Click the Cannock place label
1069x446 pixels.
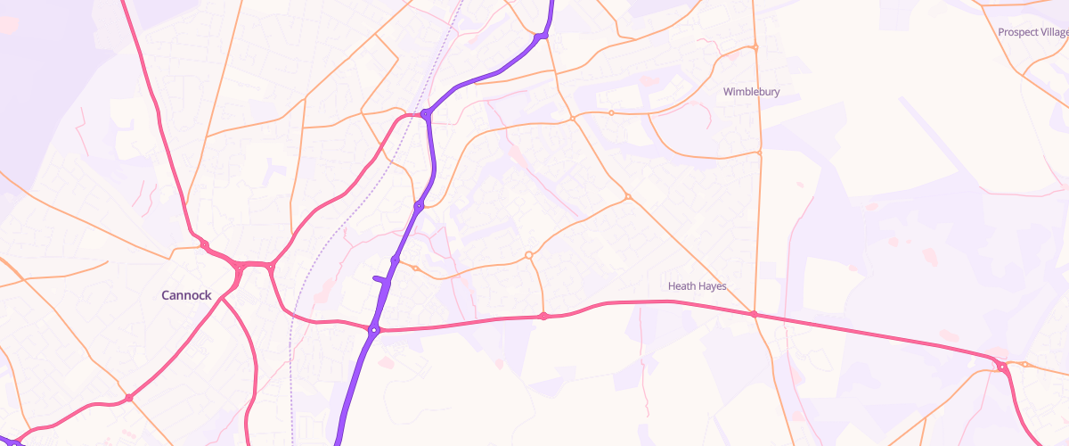pyautogui.click(x=186, y=295)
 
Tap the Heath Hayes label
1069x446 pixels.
pyautogui.click(x=698, y=286)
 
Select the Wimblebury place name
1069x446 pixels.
pyautogui.click(x=751, y=92)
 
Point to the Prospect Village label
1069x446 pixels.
pyautogui.click(x=1032, y=32)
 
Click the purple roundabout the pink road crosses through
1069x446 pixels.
pyautogui.click(x=374, y=331)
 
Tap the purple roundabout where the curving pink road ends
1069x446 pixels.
pyautogui.click(x=426, y=114)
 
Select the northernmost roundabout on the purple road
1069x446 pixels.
pyautogui.click(x=541, y=37)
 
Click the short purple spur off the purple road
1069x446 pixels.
pyautogui.click(x=381, y=280)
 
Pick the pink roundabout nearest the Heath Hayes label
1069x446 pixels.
pyautogui.click(x=754, y=314)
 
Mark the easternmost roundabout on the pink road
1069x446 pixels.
pyautogui.click(x=1002, y=367)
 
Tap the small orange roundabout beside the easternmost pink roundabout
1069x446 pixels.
pyautogui.click(x=1025, y=364)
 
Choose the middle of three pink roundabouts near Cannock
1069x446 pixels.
pyautogui.click(x=240, y=267)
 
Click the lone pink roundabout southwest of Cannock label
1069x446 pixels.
pyautogui.click(x=129, y=398)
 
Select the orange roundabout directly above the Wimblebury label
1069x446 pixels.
pyautogui.click(x=755, y=47)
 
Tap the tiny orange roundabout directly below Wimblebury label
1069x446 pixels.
pyautogui.click(x=759, y=153)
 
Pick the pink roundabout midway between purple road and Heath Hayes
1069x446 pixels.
pyautogui.click(x=543, y=317)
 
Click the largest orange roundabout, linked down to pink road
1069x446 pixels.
pyautogui.click(x=528, y=255)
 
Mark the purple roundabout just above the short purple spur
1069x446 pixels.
pyautogui.click(x=395, y=260)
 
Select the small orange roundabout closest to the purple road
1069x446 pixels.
pyautogui.click(x=415, y=268)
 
